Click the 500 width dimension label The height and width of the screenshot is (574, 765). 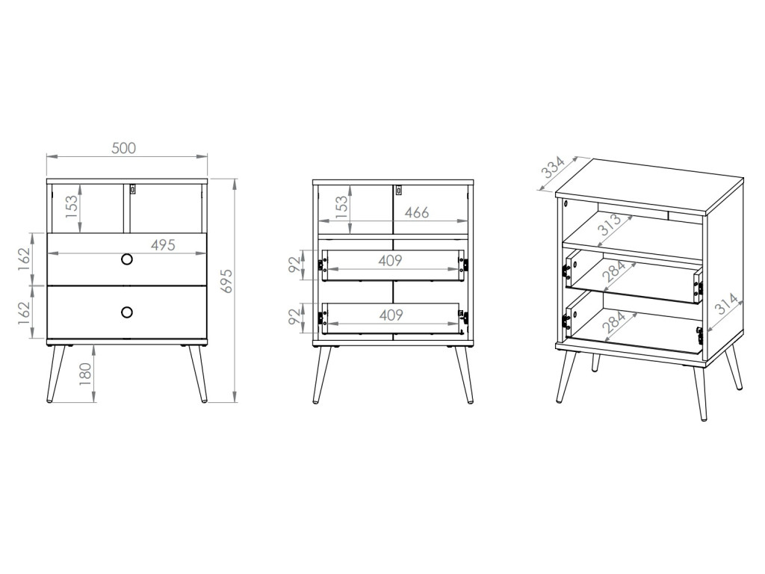pos(124,148)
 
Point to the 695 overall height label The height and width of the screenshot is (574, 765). pos(229,280)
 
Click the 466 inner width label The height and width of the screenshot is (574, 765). pos(416,213)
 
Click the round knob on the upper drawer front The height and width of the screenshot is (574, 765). pos(126,259)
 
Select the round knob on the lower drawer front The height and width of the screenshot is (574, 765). pos(126,312)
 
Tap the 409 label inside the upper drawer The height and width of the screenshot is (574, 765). pos(391,261)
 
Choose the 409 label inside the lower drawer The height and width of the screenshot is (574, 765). pos(391,315)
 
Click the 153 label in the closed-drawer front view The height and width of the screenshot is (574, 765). pos(72,206)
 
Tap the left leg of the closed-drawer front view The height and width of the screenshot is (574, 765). pos(54,374)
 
